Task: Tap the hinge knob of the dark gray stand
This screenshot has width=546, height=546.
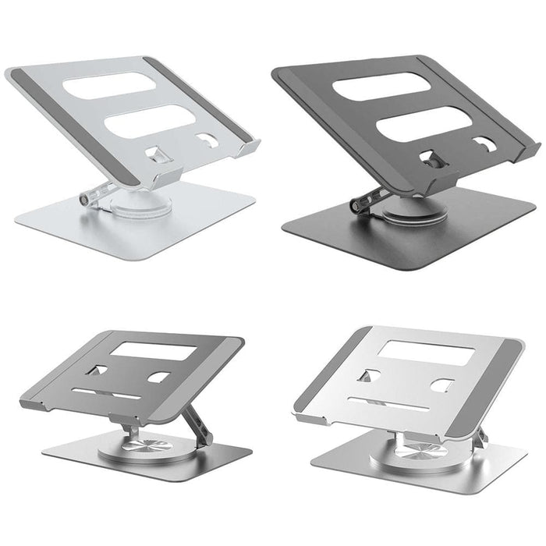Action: coord(360,205)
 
